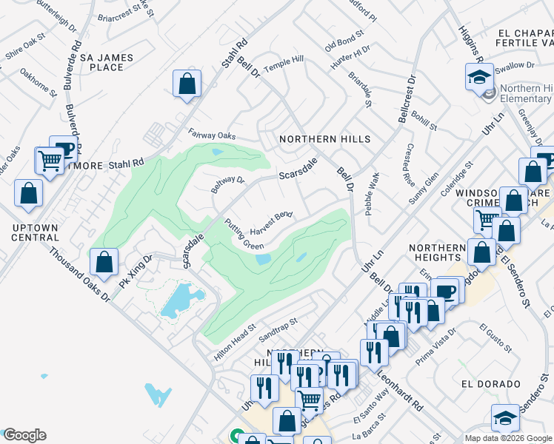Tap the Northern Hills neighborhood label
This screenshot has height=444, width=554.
click(x=324, y=139)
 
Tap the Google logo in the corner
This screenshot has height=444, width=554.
click(x=24, y=435)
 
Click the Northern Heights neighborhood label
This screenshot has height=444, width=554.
click(x=438, y=252)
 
